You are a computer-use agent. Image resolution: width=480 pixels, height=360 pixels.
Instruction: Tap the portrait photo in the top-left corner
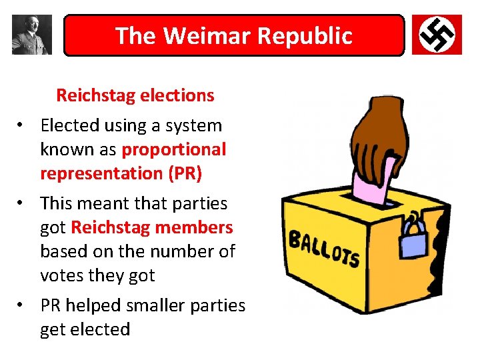[31, 35]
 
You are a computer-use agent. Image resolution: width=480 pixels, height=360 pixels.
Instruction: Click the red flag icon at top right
[437, 35]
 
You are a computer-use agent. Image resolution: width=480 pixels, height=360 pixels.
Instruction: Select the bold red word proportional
[174, 149]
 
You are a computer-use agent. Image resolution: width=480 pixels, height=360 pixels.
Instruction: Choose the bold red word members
[194, 227]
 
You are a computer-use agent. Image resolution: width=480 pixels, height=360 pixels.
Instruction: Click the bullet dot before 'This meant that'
[22, 203]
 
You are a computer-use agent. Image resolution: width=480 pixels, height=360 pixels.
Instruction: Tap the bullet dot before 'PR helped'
[22, 305]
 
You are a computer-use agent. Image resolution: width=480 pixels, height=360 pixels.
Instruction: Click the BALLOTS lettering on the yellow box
[324, 249]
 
